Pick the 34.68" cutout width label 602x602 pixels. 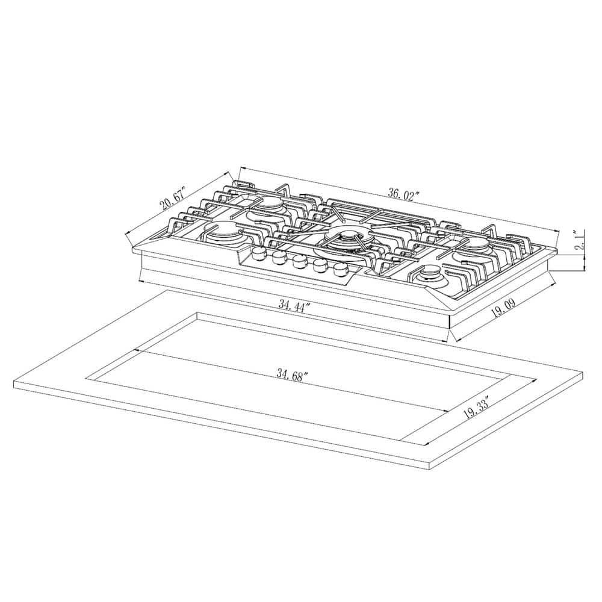pos(292,374)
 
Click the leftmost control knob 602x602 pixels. pos(259,254)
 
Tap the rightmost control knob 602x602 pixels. pos(341,268)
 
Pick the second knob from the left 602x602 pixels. pos(279,258)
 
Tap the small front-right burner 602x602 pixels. pos(429,275)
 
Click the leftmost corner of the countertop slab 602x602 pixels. pos(13,383)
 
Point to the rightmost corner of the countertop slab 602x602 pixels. pos(583,374)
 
